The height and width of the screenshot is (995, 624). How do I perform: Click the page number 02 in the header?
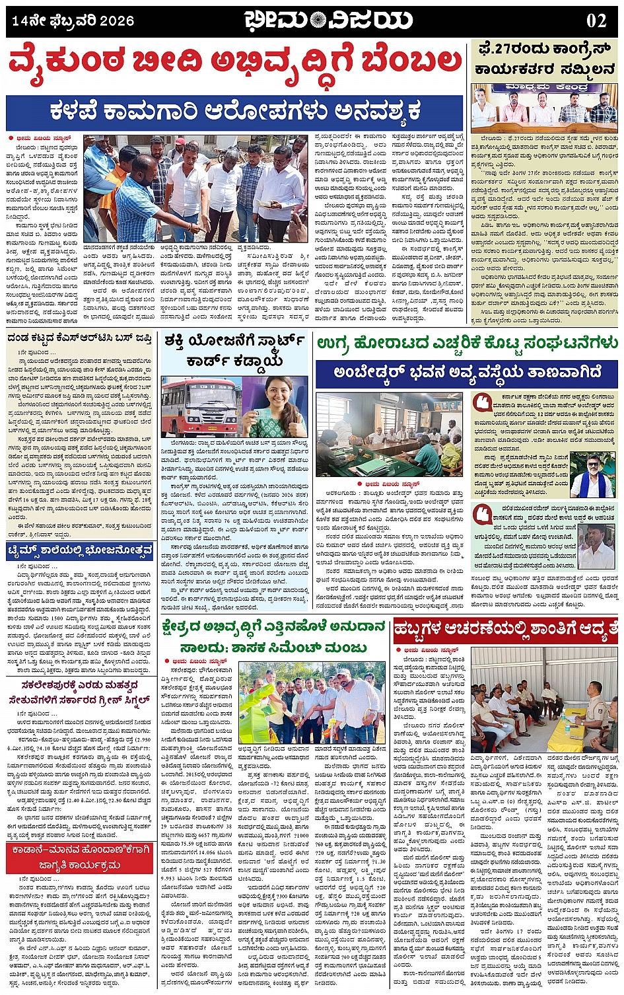coord(596,20)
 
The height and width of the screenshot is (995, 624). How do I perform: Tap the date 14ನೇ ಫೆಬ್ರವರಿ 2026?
coord(73,20)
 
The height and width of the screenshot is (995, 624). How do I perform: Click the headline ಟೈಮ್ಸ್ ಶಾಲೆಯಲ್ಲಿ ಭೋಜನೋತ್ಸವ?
coord(81,551)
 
